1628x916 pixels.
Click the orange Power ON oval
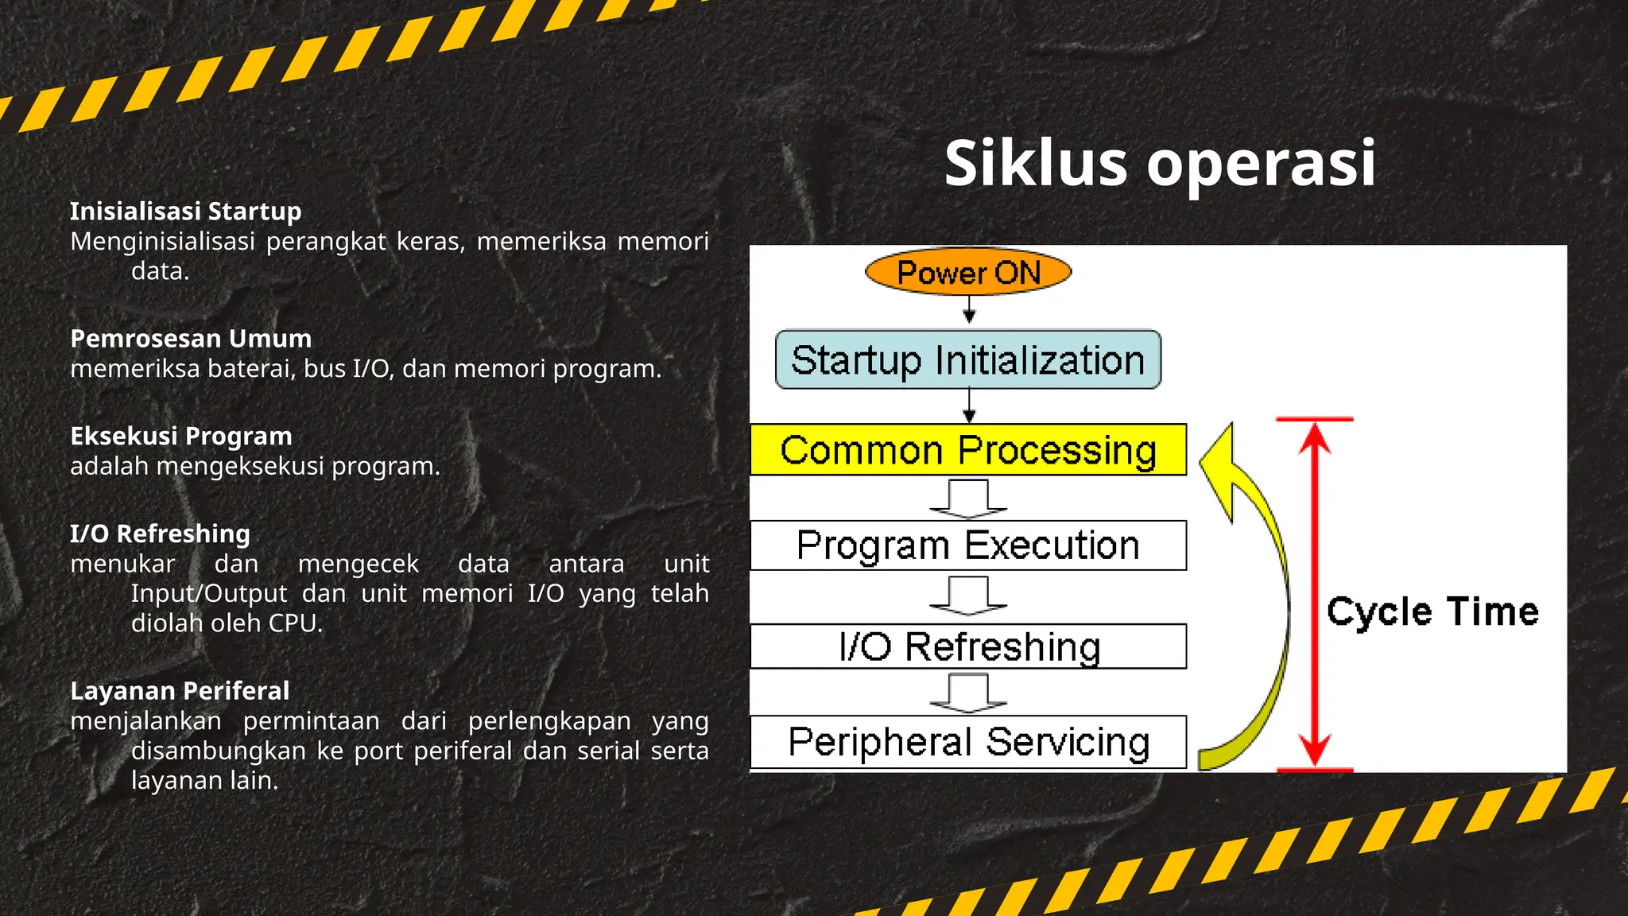[x=968, y=272]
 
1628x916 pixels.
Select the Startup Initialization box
[x=968, y=360]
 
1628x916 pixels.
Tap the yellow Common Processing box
[x=968, y=450]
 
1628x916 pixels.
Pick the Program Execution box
[x=968, y=546]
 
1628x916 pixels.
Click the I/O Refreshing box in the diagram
[x=968, y=646]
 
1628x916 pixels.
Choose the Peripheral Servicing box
[x=968, y=742]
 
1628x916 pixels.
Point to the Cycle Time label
[x=1432, y=611]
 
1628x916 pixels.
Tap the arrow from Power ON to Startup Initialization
[x=969, y=310]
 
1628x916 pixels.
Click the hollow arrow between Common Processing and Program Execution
[x=968, y=499]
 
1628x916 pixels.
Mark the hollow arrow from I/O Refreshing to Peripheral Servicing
[x=968, y=692]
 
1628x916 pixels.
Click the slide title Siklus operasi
[x=1160, y=163]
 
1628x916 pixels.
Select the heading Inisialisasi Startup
[x=186, y=212]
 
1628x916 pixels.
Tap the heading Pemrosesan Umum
[x=191, y=339]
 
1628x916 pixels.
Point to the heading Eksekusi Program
[x=181, y=437]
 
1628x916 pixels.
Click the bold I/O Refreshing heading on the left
[x=160, y=534]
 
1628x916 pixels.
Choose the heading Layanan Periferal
[x=180, y=691]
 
